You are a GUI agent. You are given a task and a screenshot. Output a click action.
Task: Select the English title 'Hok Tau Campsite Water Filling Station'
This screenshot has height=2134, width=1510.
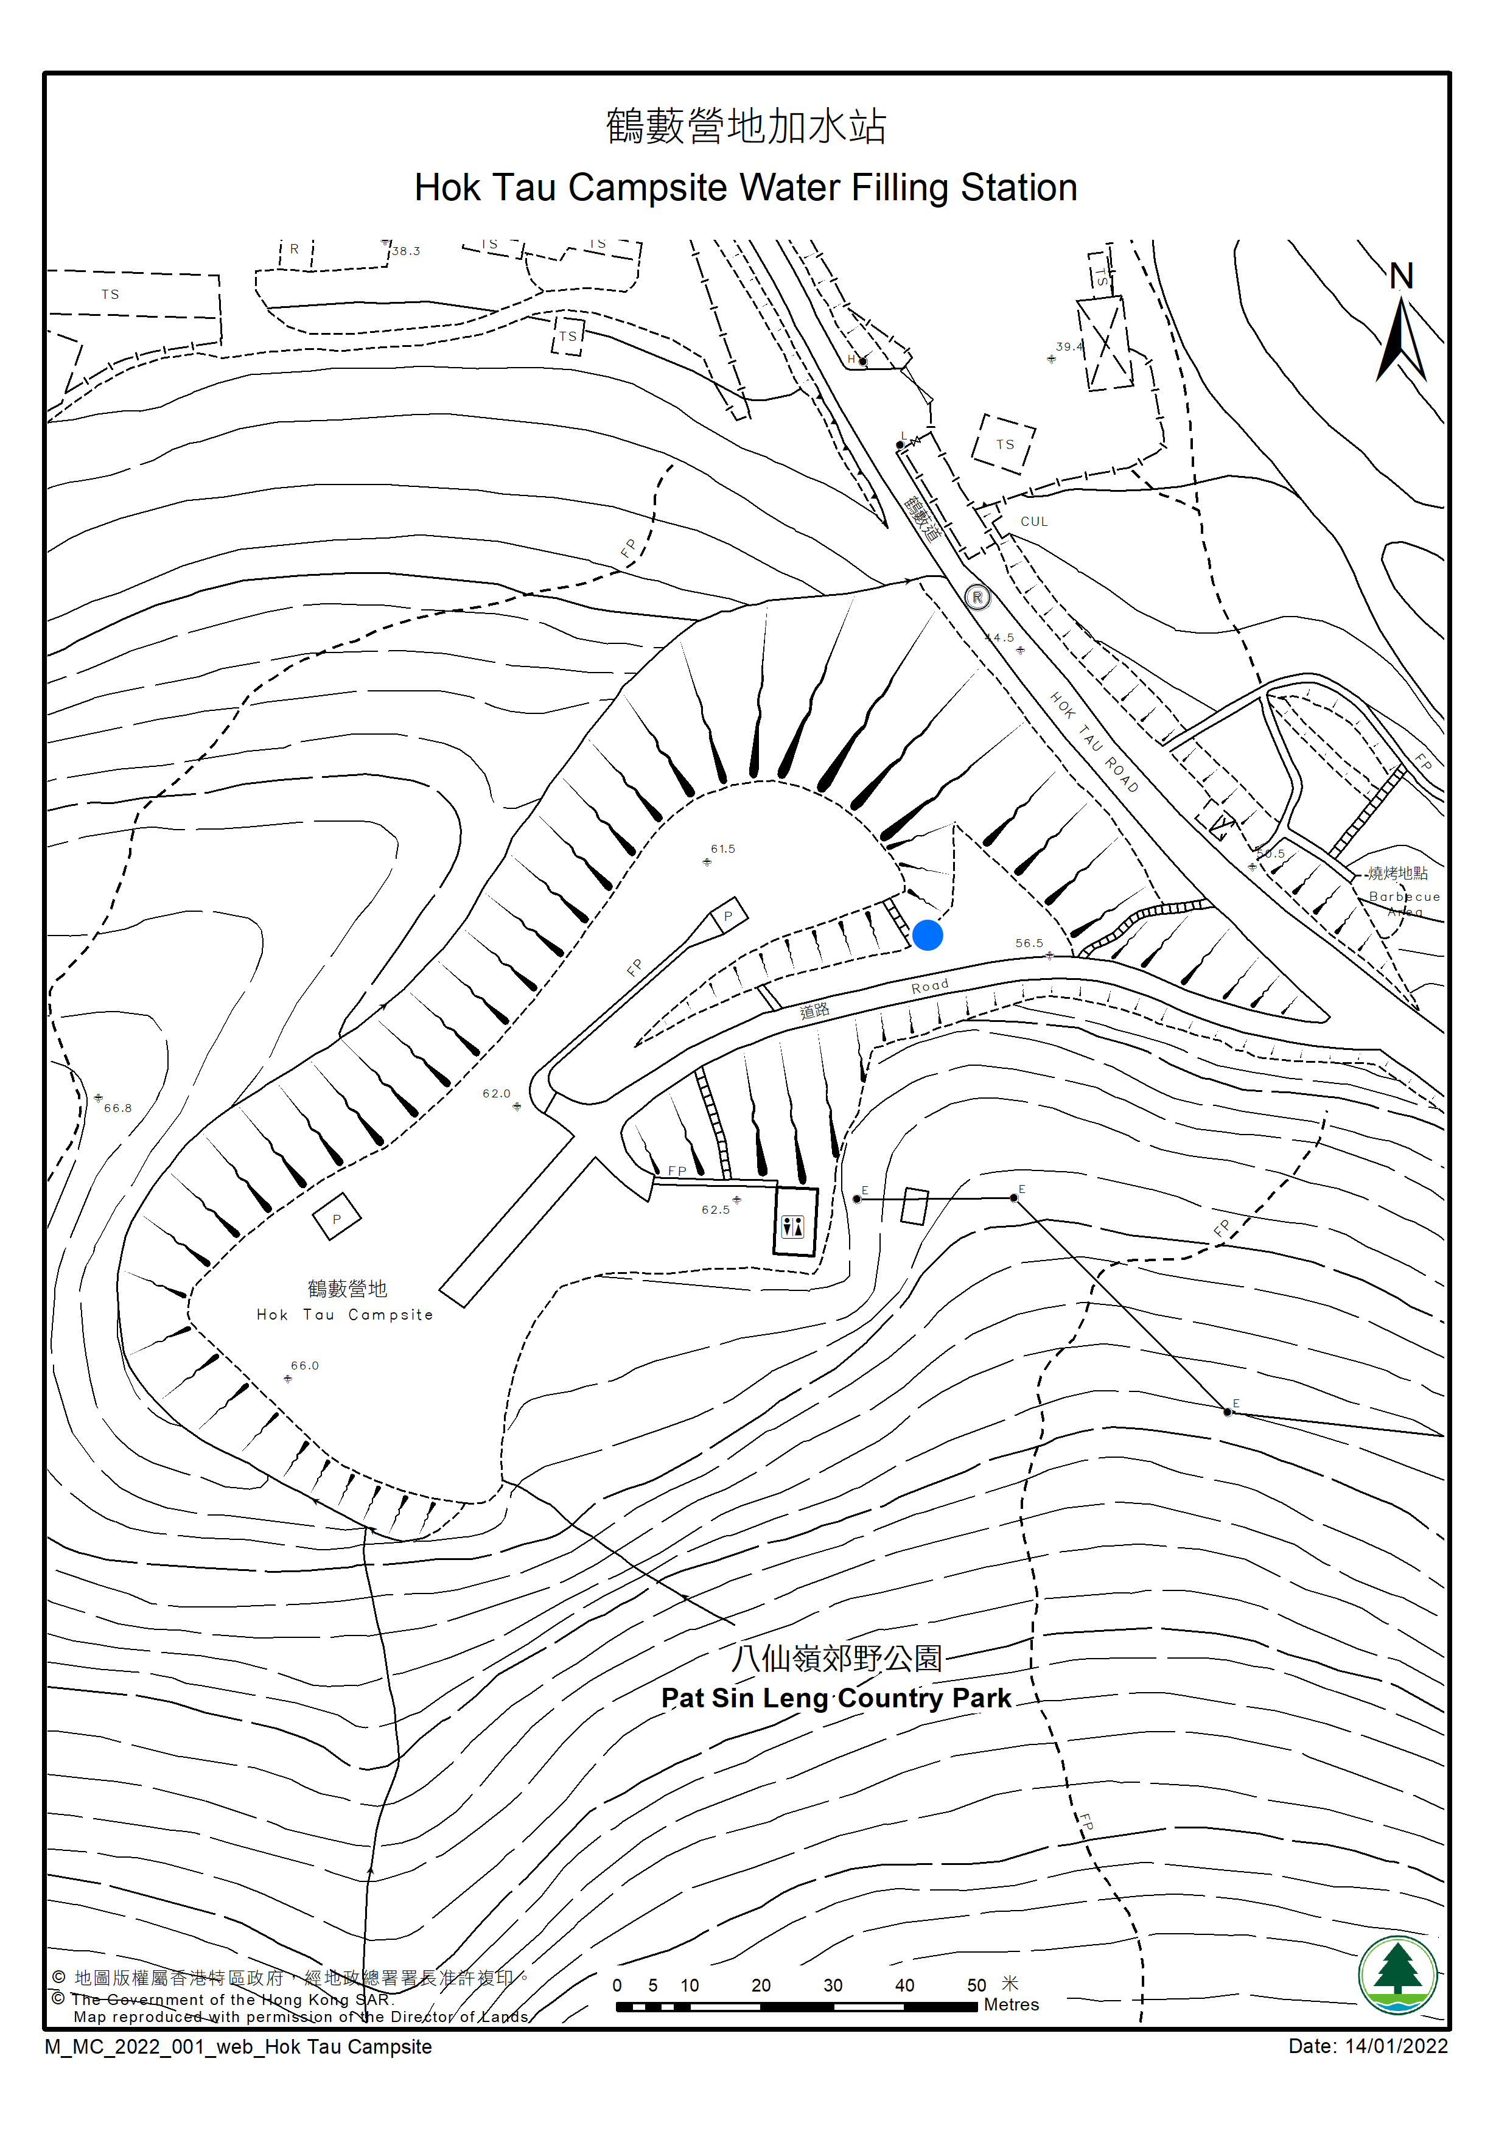click(x=746, y=188)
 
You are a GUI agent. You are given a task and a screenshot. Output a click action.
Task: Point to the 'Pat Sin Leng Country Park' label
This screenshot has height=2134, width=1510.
click(x=836, y=1698)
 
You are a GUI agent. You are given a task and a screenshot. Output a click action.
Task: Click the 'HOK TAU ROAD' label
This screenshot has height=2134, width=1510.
click(x=1094, y=741)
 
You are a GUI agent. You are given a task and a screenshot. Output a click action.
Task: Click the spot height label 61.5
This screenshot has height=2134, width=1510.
click(x=722, y=849)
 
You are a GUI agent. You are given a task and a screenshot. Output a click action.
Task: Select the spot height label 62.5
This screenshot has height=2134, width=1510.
click(x=715, y=1209)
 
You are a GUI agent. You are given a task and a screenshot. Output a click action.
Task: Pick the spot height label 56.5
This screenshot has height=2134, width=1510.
click(x=1029, y=943)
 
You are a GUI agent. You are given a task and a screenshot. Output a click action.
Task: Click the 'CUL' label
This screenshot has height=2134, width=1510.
click(x=1034, y=522)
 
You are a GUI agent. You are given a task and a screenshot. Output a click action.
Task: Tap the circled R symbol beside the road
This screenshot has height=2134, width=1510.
click(x=976, y=597)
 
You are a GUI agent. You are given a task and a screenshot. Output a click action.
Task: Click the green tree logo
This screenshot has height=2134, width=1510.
click(x=1397, y=1976)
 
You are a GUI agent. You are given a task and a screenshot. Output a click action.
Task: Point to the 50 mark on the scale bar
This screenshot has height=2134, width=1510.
click(x=976, y=1985)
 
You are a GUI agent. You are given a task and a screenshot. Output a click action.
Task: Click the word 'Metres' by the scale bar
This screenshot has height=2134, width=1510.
click(x=1012, y=2005)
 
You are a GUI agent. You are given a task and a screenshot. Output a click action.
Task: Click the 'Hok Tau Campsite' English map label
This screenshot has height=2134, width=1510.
click(x=345, y=1315)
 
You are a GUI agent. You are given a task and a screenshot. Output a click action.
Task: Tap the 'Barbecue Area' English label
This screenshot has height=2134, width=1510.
click(x=1404, y=904)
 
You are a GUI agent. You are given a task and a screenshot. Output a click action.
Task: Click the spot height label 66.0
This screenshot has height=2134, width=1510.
click(x=304, y=1366)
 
